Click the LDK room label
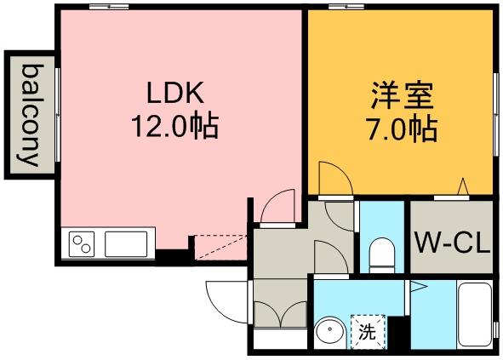point(175,93)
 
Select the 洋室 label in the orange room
point(403,95)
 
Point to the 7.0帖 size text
point(403,129)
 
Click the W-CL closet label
point(452,243)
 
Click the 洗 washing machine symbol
point(368,331)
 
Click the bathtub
point(475,314)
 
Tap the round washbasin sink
point(329,333)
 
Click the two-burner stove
point(82,244)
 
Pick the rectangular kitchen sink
point(126,244)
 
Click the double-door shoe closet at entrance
point(280,314)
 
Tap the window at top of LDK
point(109,7)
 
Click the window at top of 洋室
point(346,7)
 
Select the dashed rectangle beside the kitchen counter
point(220,247)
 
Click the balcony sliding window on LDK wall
point(57,115)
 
